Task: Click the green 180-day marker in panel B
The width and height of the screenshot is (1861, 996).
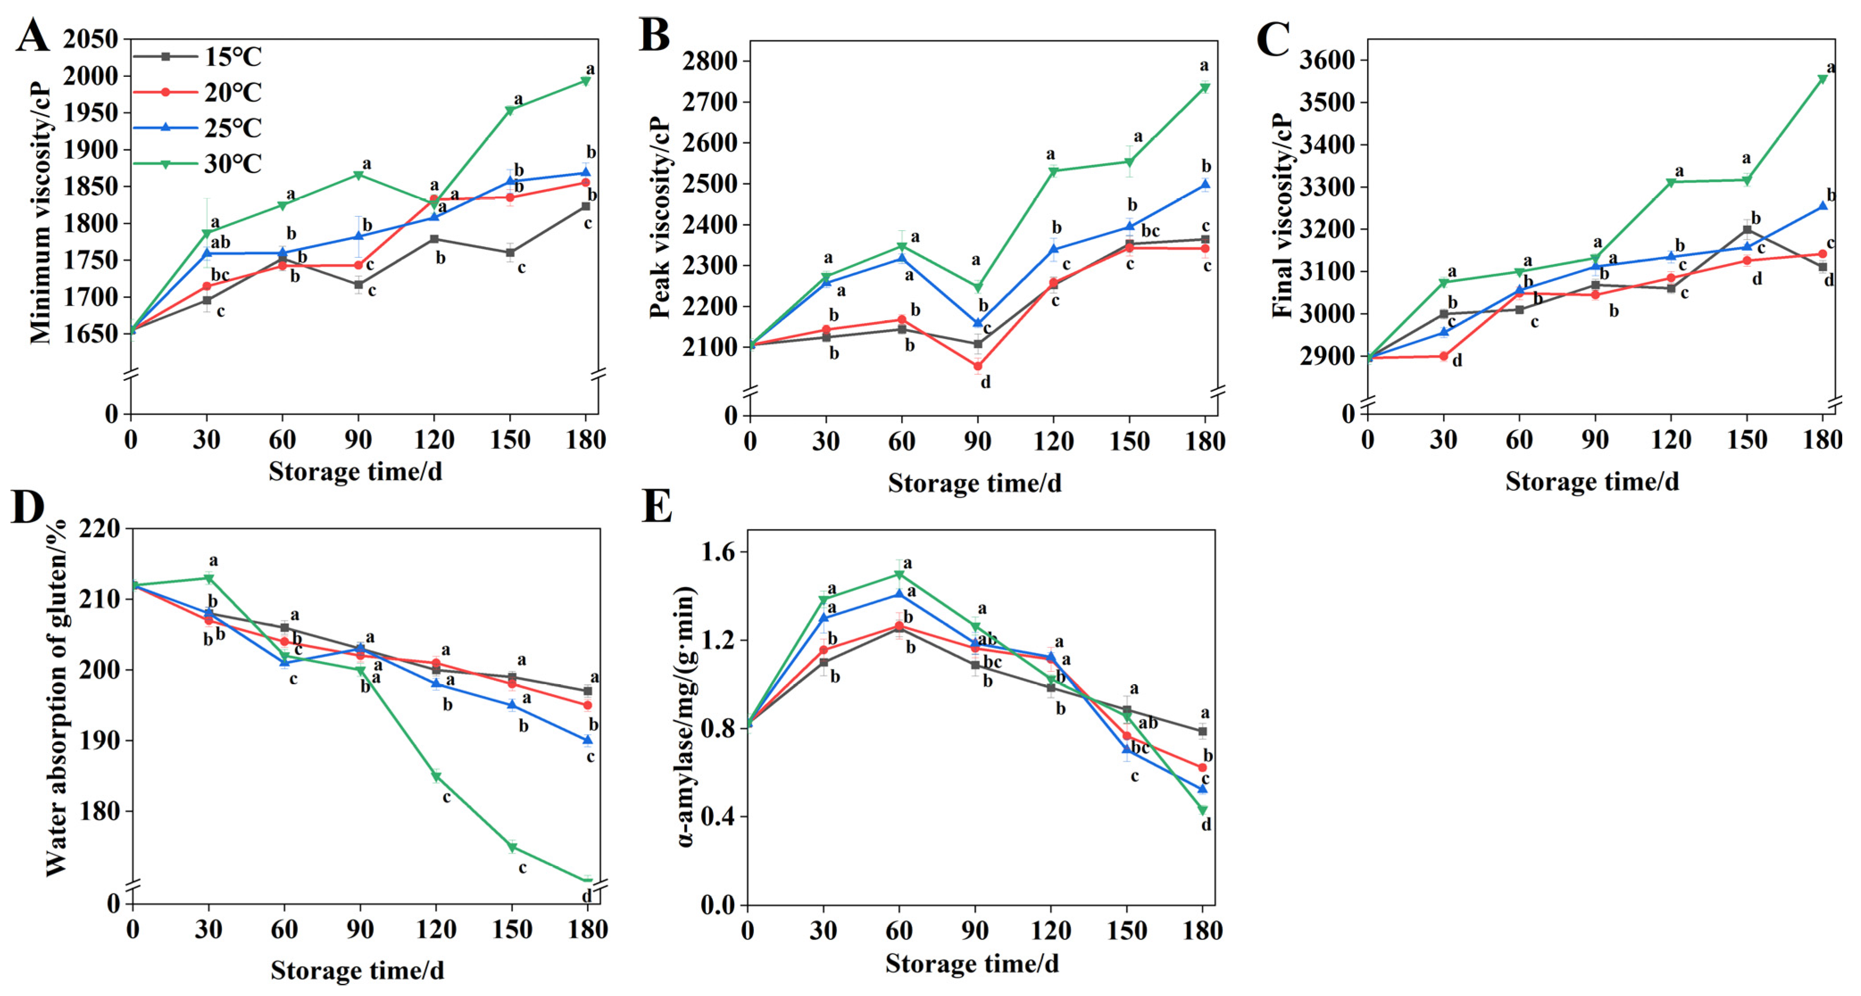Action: tap(1205, 88)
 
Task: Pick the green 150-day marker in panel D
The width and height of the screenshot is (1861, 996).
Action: tap(512, 847)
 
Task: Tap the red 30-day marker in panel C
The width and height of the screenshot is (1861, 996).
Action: tap(1443, 356)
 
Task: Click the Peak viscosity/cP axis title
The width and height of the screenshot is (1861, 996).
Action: tap(659, 217)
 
